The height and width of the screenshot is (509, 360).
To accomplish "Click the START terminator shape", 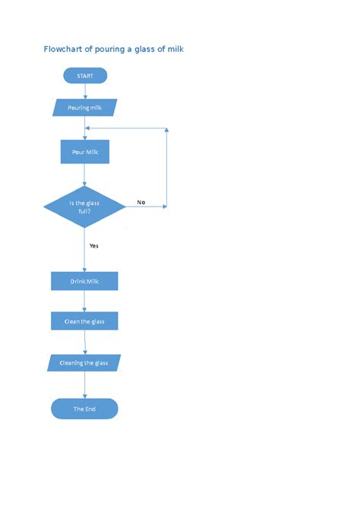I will pyautogui.click(x=84, y=75).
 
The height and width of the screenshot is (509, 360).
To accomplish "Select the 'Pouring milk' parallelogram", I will pyautogui.click(x=84, y=108).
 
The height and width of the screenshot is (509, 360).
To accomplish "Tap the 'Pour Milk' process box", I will pyautogui.click(x=84, y=152).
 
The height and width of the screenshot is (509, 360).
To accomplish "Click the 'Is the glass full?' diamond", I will pyautogui.click(x=84, y=207).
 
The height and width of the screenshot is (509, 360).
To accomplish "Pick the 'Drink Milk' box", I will pyautogui.click(x=84, y=281).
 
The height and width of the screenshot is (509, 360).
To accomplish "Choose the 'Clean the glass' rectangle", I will pyautogui.click(x=84, y=321).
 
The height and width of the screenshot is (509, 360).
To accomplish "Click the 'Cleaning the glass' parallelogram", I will pyautogui.click(x=84, y=362).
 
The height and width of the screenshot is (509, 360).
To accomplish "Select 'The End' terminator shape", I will pyautogui.click(x=84, y=409).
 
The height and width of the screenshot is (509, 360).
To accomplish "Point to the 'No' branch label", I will pyautogui.click(x=141, y=202).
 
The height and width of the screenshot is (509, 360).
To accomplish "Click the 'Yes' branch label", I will pyautogui.click(x=94, y=245).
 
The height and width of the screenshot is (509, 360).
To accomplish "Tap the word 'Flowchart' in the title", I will pyautogui.click(x=64, y=49).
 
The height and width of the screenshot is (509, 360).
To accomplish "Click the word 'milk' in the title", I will pyautogui.click(x=173, y=49).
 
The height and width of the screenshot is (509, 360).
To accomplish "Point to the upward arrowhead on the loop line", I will pyautogui.click(x=166, y=131).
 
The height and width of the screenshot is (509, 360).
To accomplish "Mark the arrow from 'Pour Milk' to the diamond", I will pyautogui.click(x=84, y=175).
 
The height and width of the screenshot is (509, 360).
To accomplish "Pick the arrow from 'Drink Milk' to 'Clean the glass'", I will pyautogui.click(x=84, y=302).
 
